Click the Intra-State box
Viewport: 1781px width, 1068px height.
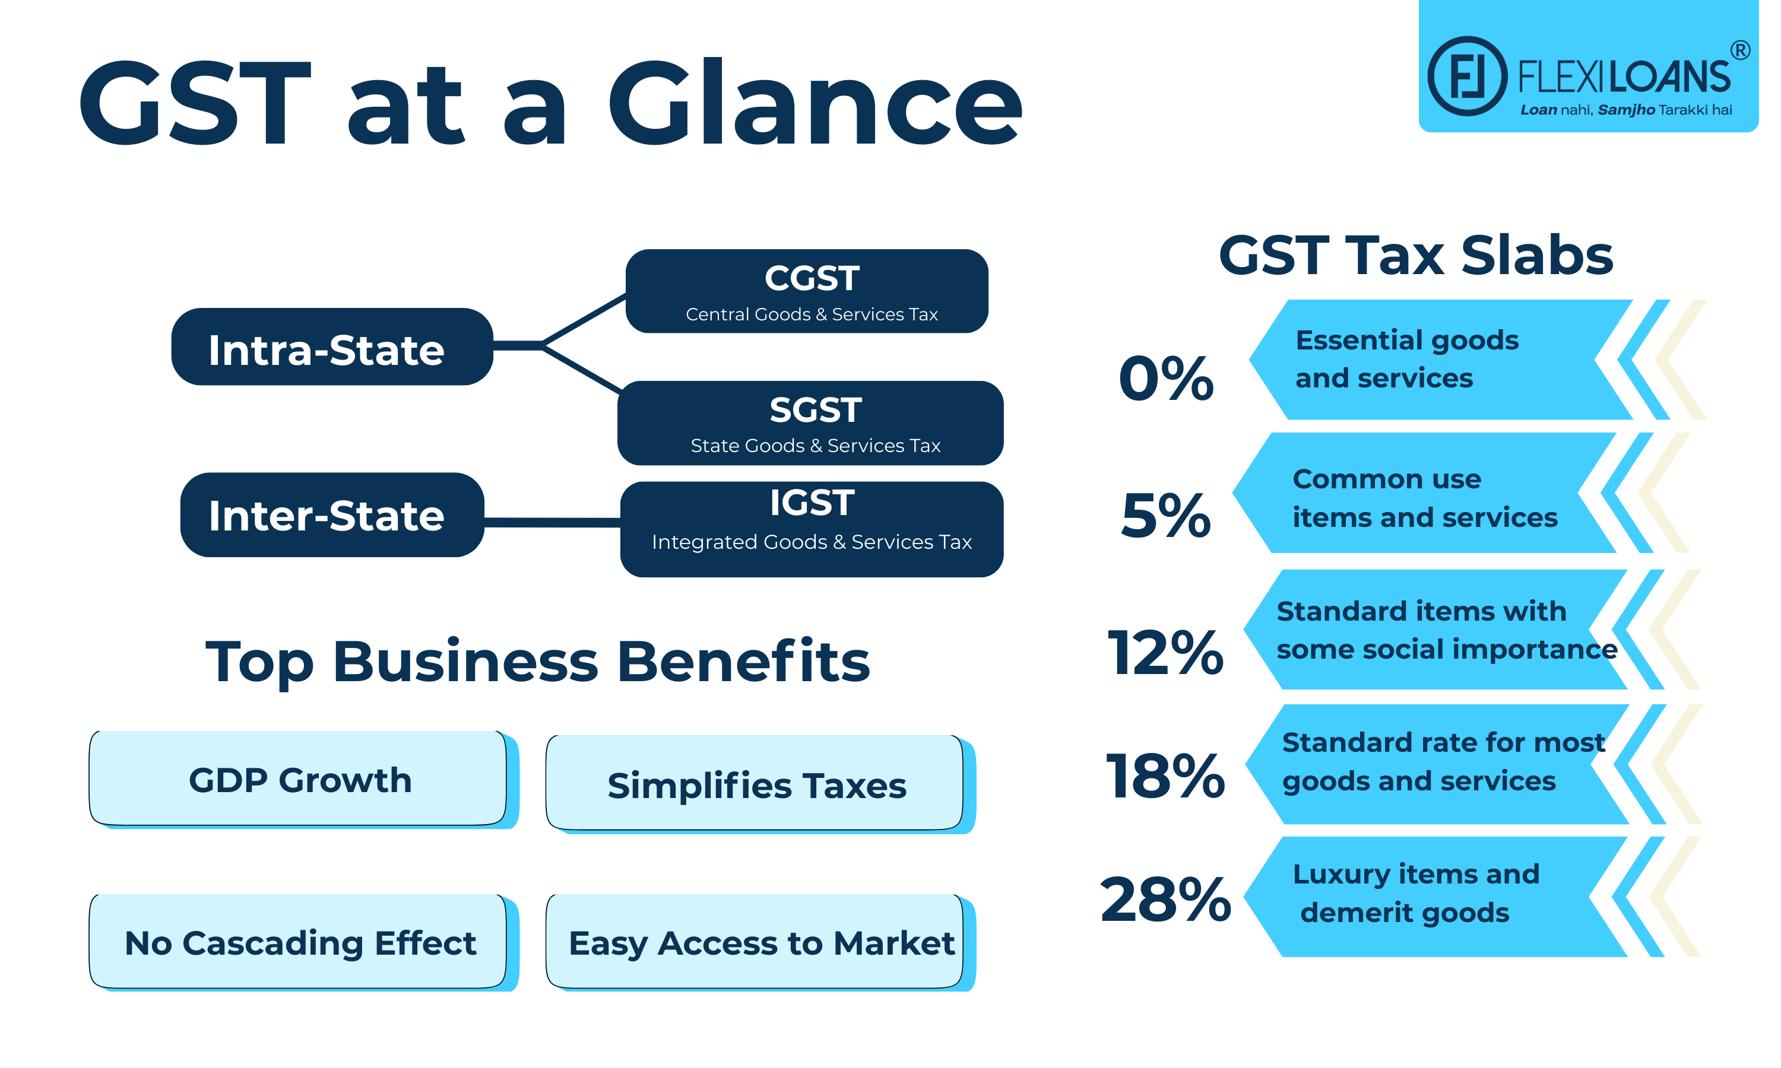pyautogui.click(x=331, y=347)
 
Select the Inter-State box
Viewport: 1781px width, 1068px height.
pyautogui.click(x=331, y=515)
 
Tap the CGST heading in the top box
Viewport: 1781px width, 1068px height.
pyautogui.click(x=812, y=278)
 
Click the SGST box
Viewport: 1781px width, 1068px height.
pyautogui.click(x=810, y=423)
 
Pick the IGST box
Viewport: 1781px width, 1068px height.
pyautogui.click(x=812, y=529)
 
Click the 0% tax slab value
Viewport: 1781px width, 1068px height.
pyautogui.click(x=1165, y=378)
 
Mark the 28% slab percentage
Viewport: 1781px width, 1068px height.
pyautogui.click(x=1165, y=899)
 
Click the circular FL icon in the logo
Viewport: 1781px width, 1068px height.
pyautogui.click(x=1466, y=77)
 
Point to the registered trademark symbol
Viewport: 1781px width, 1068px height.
pyautogui.click(x=1739, y=50)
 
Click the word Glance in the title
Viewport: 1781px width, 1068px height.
pyautogui.click(x=815, y=103)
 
